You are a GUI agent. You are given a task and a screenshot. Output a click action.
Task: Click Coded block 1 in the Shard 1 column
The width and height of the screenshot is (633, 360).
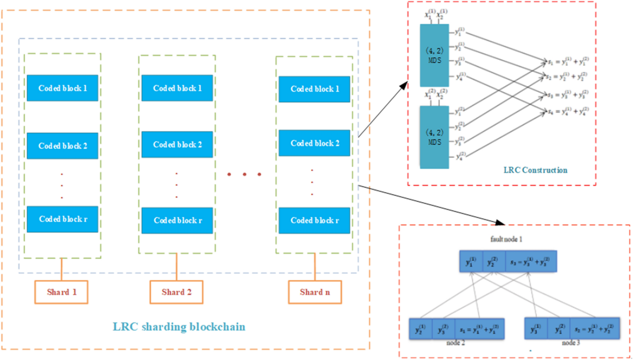tap(62, 88)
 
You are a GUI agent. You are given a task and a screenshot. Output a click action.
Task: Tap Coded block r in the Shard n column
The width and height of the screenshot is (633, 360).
tap(314, 220)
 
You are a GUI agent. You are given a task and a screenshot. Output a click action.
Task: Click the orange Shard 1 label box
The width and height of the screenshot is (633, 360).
tap(61, 292)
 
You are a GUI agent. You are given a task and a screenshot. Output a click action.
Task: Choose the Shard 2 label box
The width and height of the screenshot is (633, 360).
tap(176, 292)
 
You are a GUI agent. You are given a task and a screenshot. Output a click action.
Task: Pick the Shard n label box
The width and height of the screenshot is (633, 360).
tap(315, 292)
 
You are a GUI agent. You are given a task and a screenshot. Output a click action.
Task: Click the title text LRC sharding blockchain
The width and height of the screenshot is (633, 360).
tap(179, 327)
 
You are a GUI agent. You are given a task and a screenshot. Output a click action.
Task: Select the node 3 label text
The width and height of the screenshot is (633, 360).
tap(571, 343)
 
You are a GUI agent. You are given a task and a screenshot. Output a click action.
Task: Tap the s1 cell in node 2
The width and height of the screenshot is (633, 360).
tap(477, 328)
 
